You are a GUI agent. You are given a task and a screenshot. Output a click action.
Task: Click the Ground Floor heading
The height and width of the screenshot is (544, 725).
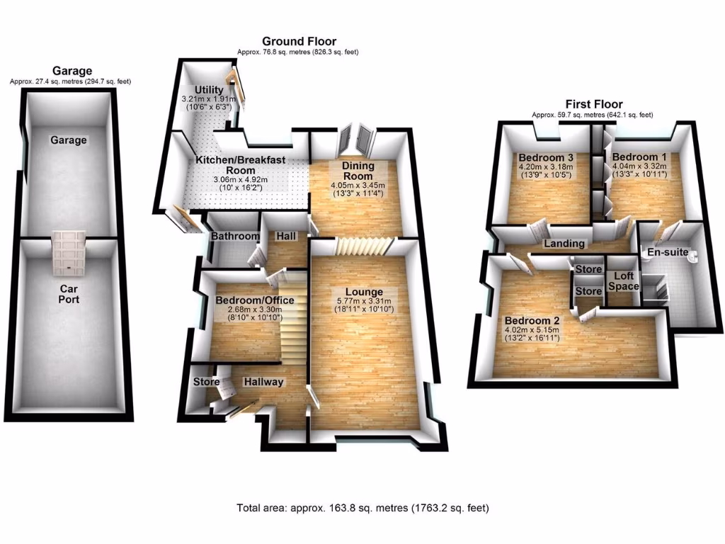pos(299,41)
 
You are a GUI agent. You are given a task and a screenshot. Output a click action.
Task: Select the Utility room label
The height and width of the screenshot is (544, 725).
pos(196,89)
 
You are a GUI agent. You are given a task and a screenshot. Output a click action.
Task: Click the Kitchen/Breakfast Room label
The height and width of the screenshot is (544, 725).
pos(240,165)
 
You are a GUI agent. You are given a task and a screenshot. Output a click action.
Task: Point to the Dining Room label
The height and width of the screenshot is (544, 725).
pos(358,171)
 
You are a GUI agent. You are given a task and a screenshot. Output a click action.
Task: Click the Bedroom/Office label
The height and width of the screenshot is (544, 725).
pos(254,300)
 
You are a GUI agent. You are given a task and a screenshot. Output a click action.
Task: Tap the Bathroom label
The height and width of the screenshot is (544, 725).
pos(231,236)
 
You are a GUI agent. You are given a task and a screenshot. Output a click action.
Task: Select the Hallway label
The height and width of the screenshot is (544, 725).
pos(263,382)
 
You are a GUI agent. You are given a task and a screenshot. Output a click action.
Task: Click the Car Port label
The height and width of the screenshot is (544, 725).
pos(69,294)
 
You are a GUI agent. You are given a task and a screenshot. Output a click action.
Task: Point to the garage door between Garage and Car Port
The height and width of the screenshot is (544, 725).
pos(69,252)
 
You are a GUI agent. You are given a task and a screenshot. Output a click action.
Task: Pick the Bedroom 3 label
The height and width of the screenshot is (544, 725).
pos(545,157)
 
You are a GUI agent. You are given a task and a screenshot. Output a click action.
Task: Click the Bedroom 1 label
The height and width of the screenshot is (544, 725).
pos(639,157)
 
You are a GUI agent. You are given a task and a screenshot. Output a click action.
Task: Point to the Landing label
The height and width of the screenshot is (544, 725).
pos(564,244)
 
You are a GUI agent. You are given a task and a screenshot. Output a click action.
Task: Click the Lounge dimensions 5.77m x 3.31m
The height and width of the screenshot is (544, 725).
pos(363,301)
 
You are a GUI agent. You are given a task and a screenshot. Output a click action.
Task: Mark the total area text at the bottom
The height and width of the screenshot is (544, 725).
pos(362,508)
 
